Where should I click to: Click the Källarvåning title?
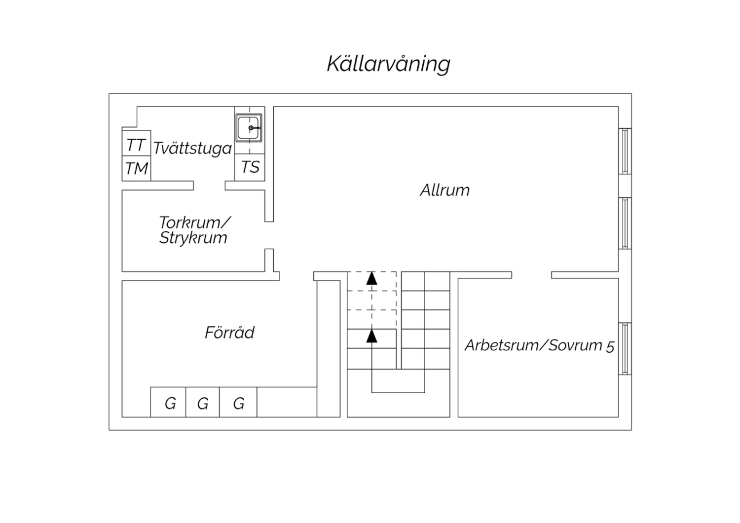(x=389, y=64)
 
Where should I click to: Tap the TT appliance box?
(x=137, y=143)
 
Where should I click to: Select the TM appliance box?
(x=137, y=169)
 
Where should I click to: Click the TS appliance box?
(x=250, y=167)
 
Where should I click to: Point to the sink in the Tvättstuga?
(x=249, y=128)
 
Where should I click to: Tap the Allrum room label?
(x=444, y=190)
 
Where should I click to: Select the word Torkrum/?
(x=194, y=223)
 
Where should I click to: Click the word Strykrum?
(x=193, y=238)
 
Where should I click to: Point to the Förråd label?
(x=229, y=332)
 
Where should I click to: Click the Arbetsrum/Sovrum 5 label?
(x=540, y=345)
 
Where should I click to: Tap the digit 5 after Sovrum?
(x=610, y=346)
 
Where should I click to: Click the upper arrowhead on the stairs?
(x=371, y=278)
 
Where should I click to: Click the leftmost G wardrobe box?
(x=168, y=402)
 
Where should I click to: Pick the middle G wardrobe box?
(x=202, y=402)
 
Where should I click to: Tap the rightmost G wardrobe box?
(x=238, y=402)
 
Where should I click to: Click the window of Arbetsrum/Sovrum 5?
(x=625, y=349)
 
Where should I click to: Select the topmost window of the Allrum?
(x=625, y=151)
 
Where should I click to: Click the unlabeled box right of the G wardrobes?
(x=287, y=402)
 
